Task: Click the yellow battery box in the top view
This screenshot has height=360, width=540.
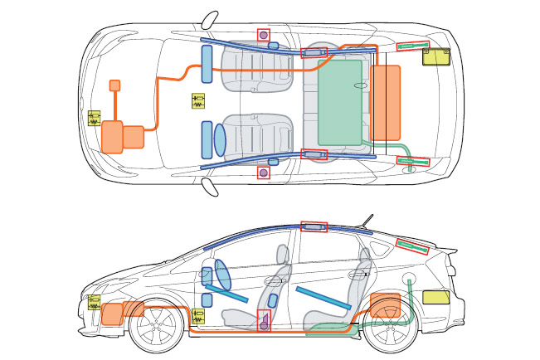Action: [436, 57]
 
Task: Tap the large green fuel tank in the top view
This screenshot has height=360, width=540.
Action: [340, 101]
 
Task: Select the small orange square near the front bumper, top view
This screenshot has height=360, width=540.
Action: [115, 85]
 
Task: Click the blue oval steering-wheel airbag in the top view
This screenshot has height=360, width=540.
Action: [220, 139]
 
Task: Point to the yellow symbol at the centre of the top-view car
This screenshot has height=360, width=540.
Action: [198, 100]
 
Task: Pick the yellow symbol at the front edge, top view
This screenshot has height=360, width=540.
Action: [94, 118]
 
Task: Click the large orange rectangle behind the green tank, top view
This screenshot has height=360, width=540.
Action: [387, 102]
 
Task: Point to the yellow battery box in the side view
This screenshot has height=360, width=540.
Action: [436, 297]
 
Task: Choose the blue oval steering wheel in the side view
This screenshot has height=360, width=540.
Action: [224, 275]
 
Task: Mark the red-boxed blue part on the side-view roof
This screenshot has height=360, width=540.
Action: [314, 227]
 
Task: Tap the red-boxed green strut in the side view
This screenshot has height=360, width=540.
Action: [413, 246]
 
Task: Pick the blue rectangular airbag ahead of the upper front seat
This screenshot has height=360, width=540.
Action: [207, 64]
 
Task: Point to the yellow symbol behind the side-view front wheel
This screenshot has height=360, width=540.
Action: [198, 315]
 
